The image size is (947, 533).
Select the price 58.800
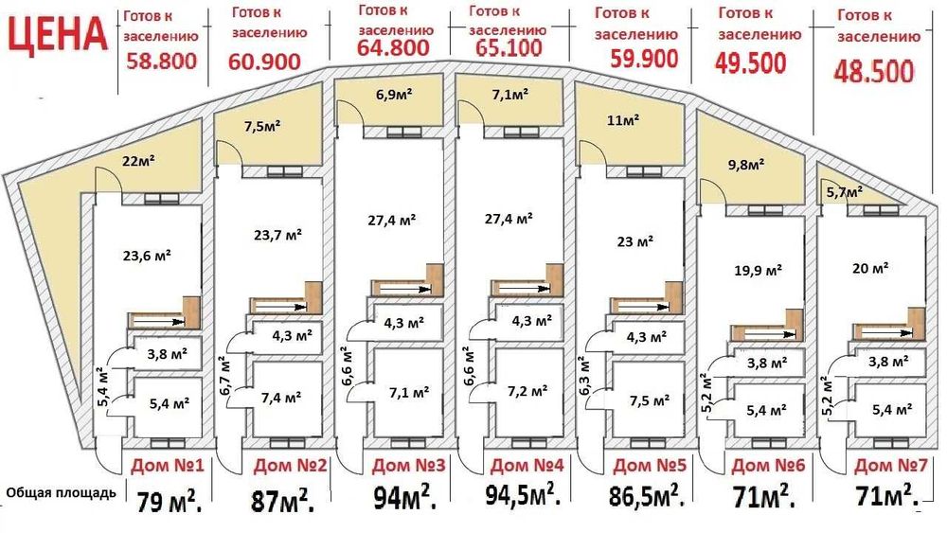tap(161, 61)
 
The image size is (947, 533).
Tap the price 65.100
tap(509, 47)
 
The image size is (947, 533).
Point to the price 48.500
tap(874, 71)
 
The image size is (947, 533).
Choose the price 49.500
tap(751, 62)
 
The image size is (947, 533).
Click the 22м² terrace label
tap(138, 161)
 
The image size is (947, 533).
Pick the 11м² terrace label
tap(623, 120)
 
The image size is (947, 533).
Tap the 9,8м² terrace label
tap(746, 164)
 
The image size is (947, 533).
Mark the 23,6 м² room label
tap(147, 256)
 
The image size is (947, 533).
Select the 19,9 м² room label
tap(758, 271)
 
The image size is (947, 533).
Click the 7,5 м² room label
tap(650, 400)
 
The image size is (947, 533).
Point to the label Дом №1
tap(168, 466)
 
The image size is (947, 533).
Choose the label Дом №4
tap(527, 465)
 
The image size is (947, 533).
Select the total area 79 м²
tap(170, 501)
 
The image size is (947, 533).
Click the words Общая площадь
tap(61, 492)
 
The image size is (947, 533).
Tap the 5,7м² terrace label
tap(845, 191)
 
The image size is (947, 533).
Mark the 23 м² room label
tap(634, 241)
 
